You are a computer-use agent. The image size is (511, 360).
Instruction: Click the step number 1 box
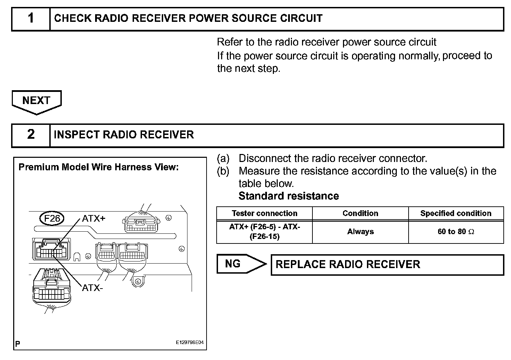(31, 18)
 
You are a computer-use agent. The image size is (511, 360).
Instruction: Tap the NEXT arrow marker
(36, 101)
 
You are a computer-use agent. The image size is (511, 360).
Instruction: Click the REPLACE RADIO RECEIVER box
(387, 265)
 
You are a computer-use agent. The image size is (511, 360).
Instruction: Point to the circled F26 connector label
(52, 218)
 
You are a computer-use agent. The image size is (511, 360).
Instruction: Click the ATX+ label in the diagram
(93, 218)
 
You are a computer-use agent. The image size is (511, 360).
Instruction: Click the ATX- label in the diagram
(92, 288)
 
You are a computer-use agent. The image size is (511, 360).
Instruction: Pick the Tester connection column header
(265, 213)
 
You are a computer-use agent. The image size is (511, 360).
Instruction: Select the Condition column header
(360, 213)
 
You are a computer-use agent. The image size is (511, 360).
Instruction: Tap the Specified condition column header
(456, 213)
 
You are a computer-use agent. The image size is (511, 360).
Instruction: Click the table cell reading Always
(360, 232)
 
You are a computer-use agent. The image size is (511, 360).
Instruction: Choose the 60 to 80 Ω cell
(456, 232)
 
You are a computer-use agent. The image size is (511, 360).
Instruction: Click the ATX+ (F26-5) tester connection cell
(265, 232)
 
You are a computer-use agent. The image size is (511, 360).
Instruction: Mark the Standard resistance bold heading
(288, 196)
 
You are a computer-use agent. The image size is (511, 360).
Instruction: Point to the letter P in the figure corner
(18, 344)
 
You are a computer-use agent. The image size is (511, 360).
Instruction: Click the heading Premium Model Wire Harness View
(99, 167)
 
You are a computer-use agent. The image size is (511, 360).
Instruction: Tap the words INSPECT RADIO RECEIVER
(124, 135)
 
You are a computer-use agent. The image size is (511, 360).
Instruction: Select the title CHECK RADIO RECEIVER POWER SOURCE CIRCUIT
(189, 18)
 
